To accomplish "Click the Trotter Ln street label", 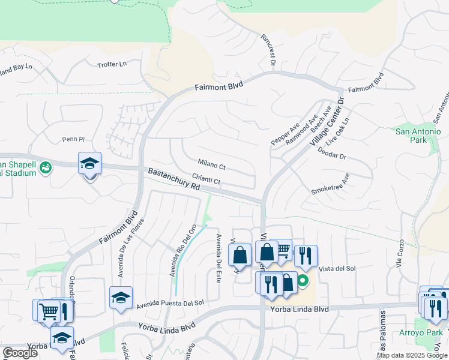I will tap(113, 64).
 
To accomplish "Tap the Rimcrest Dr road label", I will tap(268, 50).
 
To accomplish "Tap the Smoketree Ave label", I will tap(330, 185).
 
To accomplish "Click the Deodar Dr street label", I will tap(334, 156).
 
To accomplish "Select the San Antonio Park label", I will tap(418, 136).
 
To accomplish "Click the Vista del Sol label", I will tap(337, 268).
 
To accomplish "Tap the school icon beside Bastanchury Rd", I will tap(89, 164).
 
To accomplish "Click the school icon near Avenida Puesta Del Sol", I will tap(121, 298).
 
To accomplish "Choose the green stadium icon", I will tap(44, 167).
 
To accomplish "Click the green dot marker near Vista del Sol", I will tap(303, 280).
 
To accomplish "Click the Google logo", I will tap(20, 353).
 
